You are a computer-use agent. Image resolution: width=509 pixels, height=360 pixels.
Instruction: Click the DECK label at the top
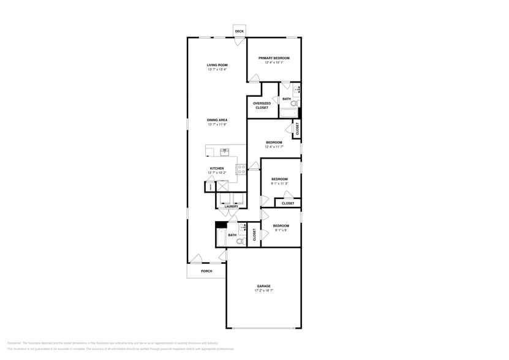pos(239,31)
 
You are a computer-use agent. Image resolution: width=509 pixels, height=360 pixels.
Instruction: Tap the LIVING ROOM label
pos(217,65)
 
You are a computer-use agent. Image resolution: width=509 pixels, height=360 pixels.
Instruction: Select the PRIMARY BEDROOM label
pos(273,58)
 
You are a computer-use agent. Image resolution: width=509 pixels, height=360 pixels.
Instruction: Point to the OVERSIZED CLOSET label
pos(262,105)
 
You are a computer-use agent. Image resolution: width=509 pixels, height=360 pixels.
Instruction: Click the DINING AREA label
pos(217,120)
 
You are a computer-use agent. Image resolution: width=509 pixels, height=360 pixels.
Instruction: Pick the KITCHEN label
pos(217,168)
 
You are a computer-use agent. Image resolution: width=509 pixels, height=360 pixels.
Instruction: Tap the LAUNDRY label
pos(231,206)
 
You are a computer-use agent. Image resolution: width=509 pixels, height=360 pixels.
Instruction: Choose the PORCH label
pos(206,271)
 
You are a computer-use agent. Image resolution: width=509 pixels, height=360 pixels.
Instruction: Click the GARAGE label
pos(263,286)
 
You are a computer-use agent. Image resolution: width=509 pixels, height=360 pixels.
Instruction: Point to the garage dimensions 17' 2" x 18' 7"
pos(263,291)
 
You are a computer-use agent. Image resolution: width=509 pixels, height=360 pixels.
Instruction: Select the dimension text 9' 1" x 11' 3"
pos(279,183)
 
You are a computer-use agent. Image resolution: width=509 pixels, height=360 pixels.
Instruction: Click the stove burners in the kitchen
pos(241,168)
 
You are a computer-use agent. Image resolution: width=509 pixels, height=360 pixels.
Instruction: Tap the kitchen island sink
pos(224,150)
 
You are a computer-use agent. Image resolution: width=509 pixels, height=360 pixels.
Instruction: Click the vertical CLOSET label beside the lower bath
pos(255,235)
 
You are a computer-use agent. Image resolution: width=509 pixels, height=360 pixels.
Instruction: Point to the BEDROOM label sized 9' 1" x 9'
pos(281,226)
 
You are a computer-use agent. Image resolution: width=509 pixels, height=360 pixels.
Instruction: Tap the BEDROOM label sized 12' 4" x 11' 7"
pos(274,143)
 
